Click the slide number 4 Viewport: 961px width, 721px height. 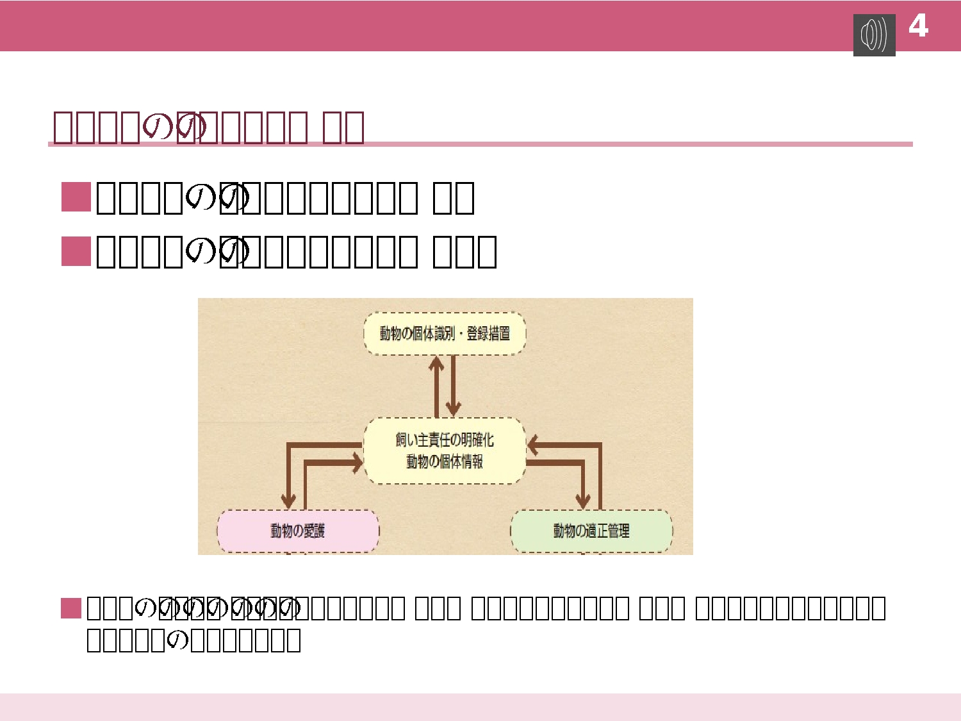[918, 26]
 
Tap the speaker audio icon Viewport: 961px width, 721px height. [874, 35]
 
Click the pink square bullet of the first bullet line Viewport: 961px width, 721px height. [76, 197]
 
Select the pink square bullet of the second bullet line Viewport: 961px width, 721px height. [76, 251]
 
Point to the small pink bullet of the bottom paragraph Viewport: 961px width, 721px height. [70, 608]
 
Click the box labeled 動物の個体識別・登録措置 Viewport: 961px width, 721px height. [445, 333]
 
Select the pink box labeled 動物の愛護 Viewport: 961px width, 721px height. [298, 531]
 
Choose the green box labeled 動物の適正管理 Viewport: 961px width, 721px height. [591, 531]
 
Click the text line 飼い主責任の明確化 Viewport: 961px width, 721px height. [445, 440]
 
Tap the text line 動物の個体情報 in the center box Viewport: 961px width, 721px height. [445, 461]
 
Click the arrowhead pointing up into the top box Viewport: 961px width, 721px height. [437, 363]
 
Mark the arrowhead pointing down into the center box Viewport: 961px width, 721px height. [454, 409]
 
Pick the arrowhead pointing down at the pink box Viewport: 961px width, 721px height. [289, 501]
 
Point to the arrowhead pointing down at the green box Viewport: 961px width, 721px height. [582, 501]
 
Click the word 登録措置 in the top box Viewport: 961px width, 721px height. [488, 333]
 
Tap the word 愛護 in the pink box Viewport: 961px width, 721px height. [314, 531]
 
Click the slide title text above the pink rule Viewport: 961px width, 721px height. [208, 127]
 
